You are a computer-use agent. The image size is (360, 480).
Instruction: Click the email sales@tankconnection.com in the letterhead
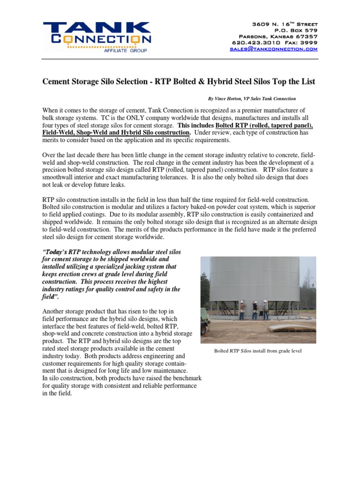(274, 49)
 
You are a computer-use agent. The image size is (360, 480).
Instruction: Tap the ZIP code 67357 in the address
(306, 37)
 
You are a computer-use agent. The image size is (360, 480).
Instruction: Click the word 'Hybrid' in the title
(234, 82)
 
